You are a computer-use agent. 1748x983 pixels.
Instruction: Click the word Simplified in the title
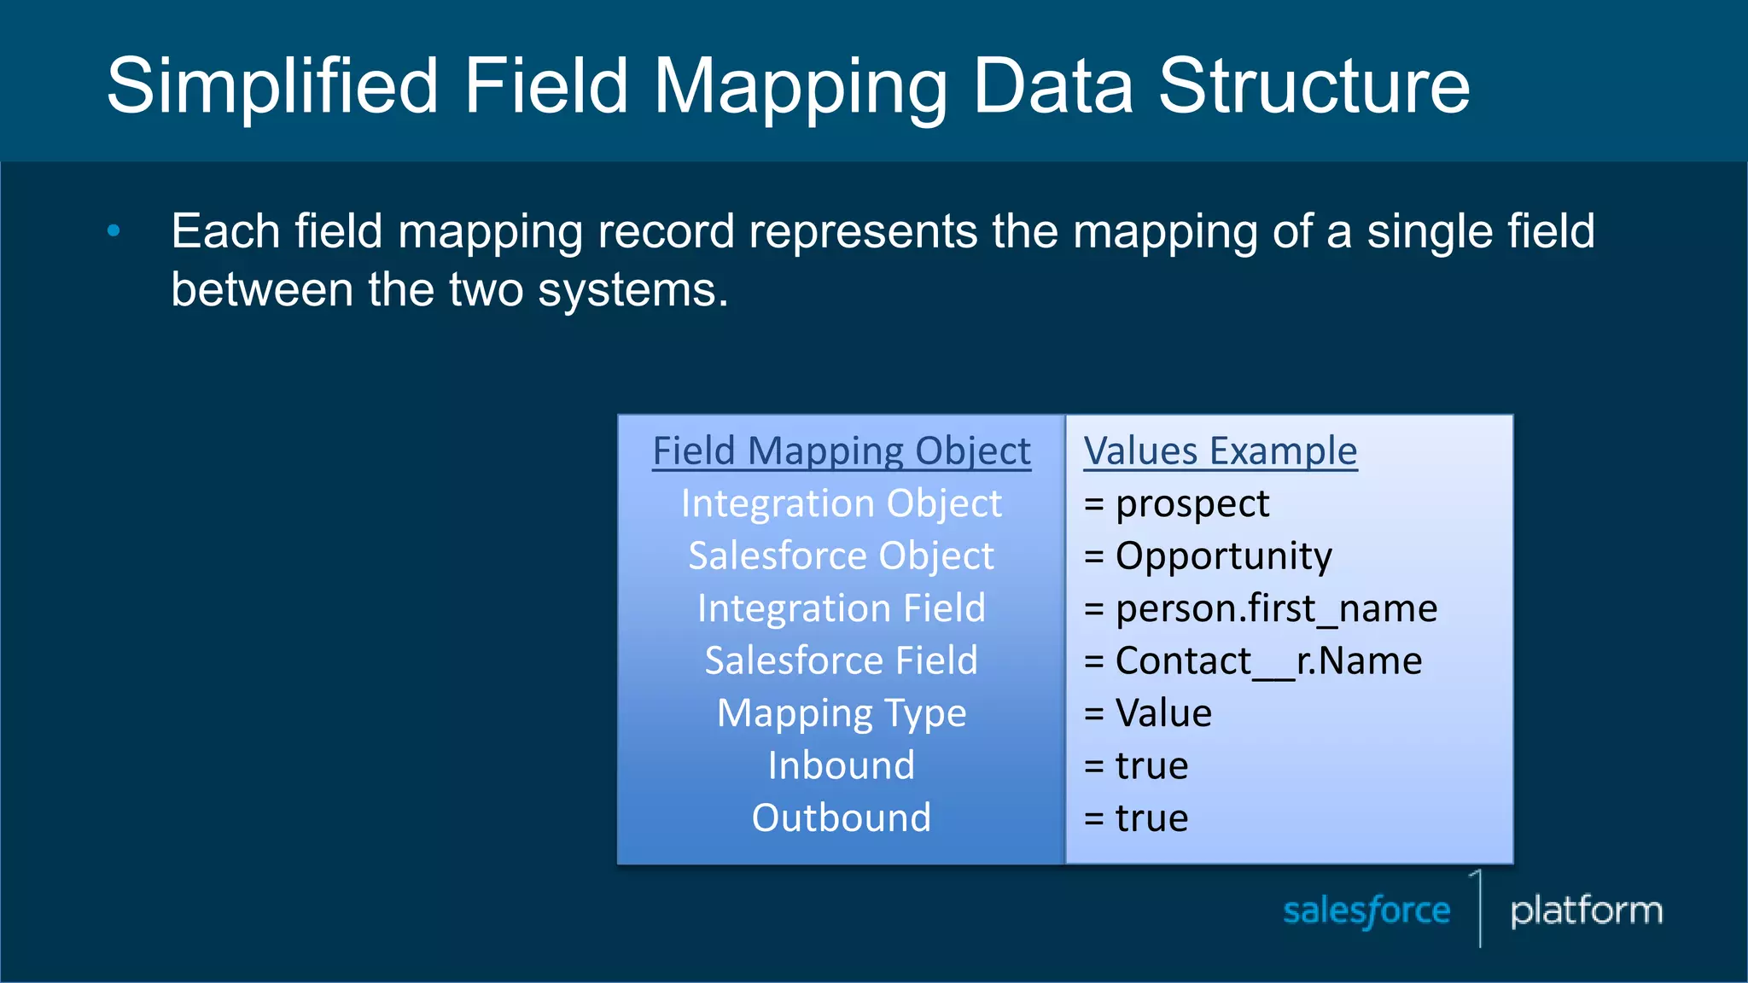(272, 85)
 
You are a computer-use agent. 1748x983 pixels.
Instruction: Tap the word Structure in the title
(1314, 85)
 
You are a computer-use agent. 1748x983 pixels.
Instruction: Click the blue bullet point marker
(114, 230)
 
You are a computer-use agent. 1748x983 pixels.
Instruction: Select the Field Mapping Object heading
(841, 451)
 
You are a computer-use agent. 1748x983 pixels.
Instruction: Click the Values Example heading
(1220, 451)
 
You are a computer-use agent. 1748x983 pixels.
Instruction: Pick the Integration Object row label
(841, 503)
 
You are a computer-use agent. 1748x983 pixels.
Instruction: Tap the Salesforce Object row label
(841, 555)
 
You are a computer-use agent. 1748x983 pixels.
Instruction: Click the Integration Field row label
(841, 608)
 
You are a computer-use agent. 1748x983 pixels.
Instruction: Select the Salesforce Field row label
(841, 660)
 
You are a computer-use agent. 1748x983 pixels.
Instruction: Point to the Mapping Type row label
(841, 713)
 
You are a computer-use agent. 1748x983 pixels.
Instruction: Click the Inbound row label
(841, 765)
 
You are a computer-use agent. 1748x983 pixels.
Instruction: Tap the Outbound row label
(841, 817)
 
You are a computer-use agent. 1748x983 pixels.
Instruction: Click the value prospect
(1192, 503)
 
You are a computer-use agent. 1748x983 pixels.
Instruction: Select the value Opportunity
(1222, 555)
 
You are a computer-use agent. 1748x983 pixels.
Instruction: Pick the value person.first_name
(1275, 608)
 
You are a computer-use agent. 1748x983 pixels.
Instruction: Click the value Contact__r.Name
(1267, 660)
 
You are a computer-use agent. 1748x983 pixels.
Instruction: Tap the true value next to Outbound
(1151, 817)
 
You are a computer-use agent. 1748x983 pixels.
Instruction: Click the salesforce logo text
(1366, 910)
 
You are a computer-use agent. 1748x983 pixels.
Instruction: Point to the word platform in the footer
(1586, 910)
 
